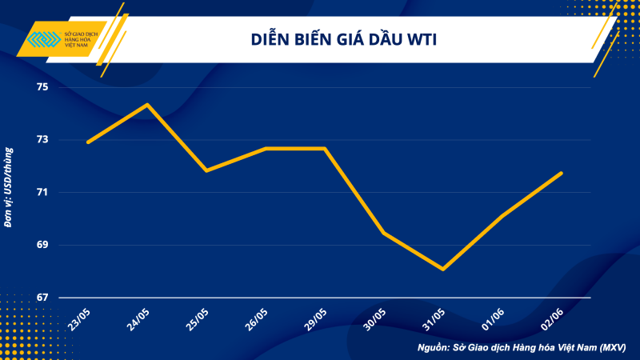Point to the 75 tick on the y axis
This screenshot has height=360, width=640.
[x=42, y=87]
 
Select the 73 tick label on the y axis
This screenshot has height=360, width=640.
[x=42, y=140]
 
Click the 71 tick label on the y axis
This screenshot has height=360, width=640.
[x=42, y=193]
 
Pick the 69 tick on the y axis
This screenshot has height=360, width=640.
[x=42, y=245]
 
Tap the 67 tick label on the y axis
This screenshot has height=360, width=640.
[x=42, y=298]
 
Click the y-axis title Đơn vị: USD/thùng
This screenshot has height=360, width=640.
[x=9, y=187]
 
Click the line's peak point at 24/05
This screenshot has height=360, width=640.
[x=147, y=104]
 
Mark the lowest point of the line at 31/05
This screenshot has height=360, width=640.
[x=442, y=270]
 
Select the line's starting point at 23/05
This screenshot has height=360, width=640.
[x=88, y=142]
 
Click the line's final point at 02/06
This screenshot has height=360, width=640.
[x=562, y=173]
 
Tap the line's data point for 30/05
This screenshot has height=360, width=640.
[x=384, y=233]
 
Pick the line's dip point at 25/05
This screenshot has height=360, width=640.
[x=206, y=170]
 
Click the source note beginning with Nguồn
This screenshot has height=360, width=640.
[x=522, y=348]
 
